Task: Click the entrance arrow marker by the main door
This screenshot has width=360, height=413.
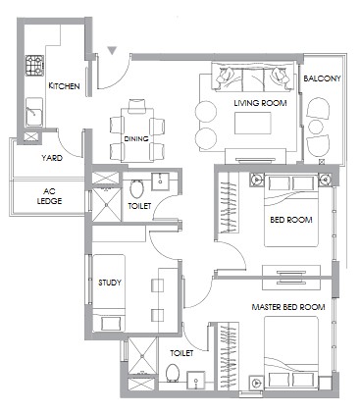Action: coord(113,51)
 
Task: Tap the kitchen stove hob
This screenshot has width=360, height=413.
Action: coord(34,66)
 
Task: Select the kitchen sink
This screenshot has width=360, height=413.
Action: coord(34,112)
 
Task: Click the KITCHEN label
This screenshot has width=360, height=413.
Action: coord(64,86)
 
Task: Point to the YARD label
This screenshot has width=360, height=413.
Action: coord(52,158)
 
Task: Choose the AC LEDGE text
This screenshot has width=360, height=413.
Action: coord(49,196)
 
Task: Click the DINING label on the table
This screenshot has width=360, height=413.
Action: coord(136,138)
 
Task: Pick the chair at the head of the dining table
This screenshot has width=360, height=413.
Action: coord(136,106)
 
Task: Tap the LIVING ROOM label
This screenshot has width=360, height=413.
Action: coord(260,103)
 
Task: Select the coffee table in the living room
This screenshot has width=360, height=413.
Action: coord(253,123)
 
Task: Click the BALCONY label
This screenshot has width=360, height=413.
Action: coord(322,78)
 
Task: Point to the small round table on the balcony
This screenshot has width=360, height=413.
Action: coord(316,127)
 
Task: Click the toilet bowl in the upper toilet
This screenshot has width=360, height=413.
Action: coord(136,188)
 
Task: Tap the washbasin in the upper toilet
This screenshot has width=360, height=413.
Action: coord(160,181)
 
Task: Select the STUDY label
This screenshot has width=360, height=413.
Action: coord(110,283)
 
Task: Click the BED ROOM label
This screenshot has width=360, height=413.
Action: coord(291,220)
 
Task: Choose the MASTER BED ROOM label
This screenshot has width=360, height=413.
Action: coord(288,307)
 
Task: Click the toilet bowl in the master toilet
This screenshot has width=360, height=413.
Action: coord(172,373)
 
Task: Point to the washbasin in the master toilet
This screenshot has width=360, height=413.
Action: coord(196,380)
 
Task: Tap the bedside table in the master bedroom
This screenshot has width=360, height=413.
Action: coord(256,383)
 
